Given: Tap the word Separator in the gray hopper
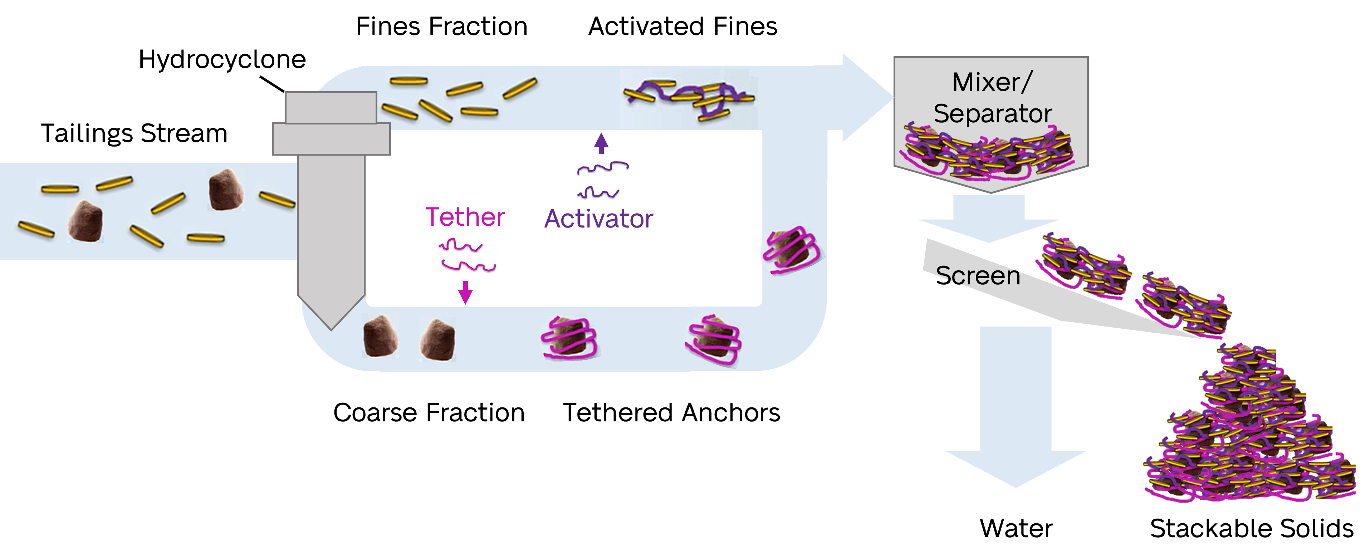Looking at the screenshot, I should [x=992, y=114].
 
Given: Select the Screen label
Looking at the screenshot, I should [x=978, y=275].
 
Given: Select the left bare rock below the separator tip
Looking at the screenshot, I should [x=380, y=336].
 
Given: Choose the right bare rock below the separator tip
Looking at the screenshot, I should [x=438, y=339].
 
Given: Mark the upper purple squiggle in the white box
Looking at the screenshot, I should [x=603, y=167].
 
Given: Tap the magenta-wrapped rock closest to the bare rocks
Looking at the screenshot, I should [x=568, y=337].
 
